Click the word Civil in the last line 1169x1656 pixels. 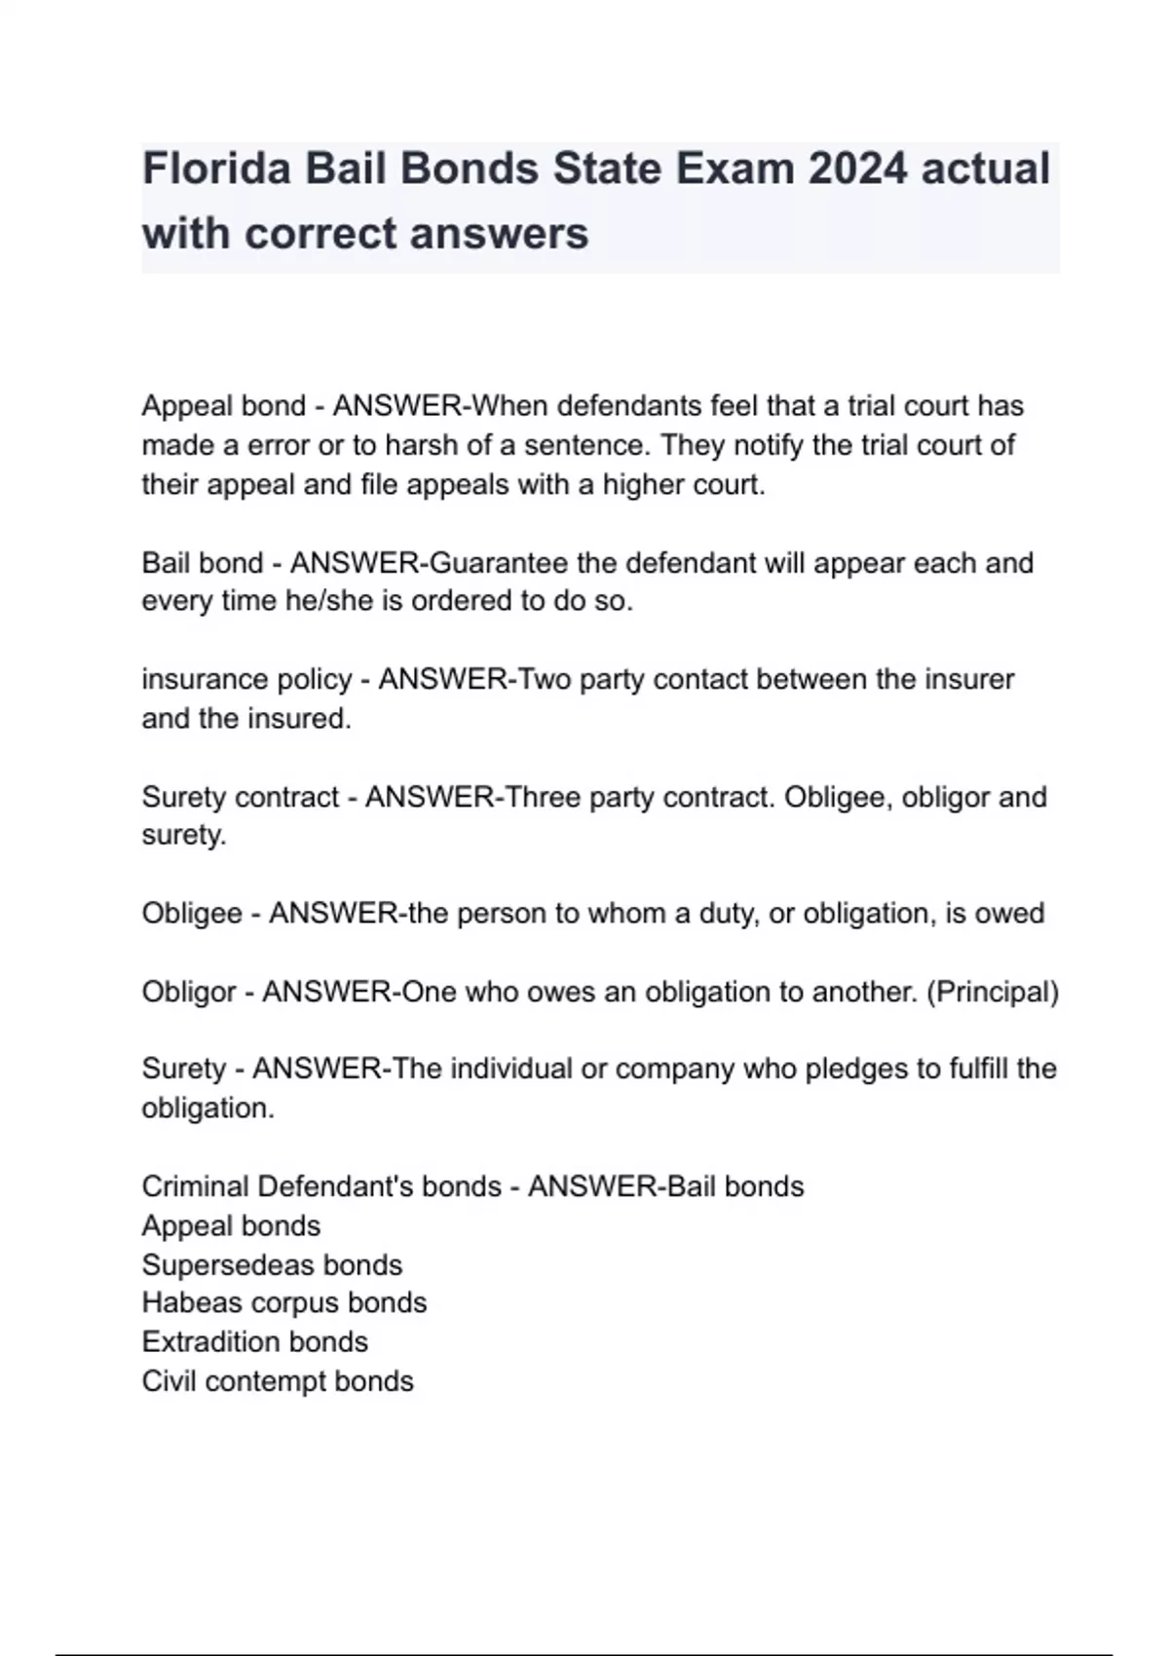pyautogui.click(x=169, y=1380)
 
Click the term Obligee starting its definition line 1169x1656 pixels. pyautogui.click(x=192, y=914)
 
